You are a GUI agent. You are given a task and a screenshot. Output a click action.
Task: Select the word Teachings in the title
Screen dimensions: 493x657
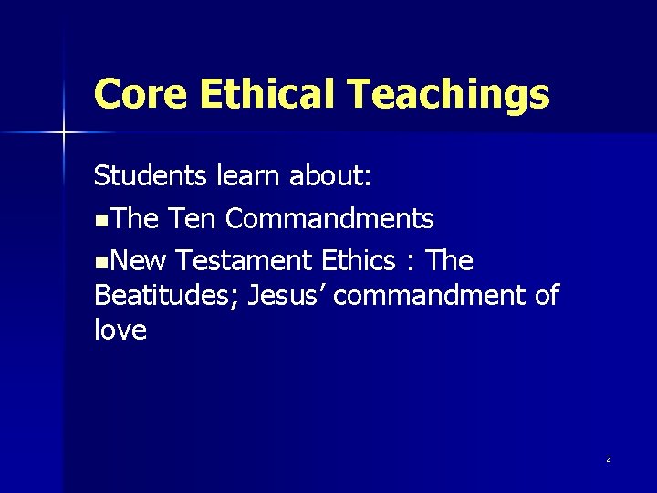click(x=449, y=93)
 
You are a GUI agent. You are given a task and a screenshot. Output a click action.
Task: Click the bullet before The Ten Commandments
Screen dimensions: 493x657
click(x=99, y=220)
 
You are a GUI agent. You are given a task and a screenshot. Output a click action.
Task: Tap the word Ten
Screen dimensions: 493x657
click(x=194, y=219)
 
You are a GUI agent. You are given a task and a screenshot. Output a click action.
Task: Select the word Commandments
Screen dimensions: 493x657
click(x=329, y=219)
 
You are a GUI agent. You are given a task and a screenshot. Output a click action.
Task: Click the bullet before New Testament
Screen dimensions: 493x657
click(x=99, y=263)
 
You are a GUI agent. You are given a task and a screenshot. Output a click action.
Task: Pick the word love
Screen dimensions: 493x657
click(x=120, y=330)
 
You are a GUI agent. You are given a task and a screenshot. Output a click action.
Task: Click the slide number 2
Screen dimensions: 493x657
click(x=608, y=458)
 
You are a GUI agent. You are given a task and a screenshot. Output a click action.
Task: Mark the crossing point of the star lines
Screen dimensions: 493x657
click(x=63, y=134)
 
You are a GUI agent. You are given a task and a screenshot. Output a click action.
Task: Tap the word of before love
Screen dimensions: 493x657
click(x=545, y=296)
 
